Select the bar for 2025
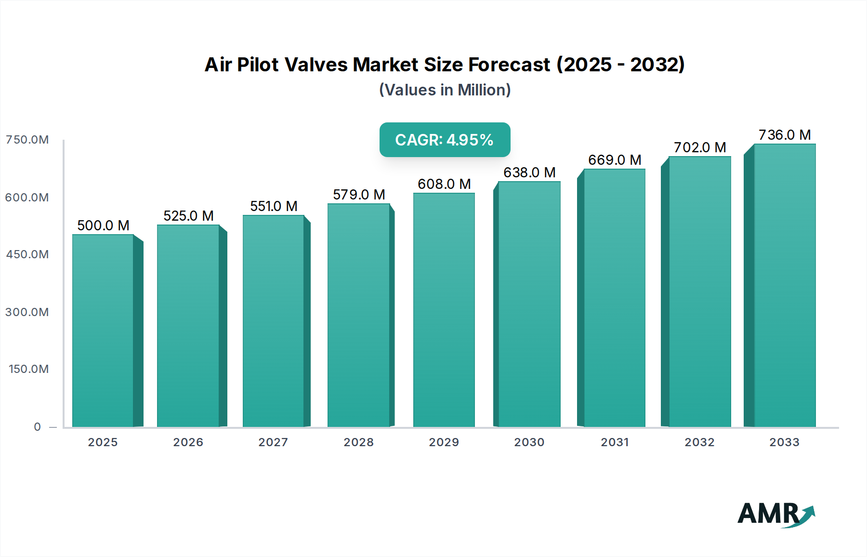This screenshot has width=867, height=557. coord(103,331)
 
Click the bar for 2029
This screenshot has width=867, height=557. coord(444,310)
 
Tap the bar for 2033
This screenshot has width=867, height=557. coord(784,285)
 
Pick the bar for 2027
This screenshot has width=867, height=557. coord(274,321)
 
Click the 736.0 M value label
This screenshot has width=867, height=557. coord(785,135)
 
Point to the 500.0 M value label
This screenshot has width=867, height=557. coord(103,225)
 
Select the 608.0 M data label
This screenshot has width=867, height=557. coord(444,184)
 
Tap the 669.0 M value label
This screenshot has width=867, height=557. coord(615,160)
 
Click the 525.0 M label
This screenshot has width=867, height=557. coord(188,216)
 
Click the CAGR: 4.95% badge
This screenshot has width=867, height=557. coord(445,140)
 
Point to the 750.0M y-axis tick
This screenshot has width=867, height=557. coord(27,140)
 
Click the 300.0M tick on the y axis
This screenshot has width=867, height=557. coord(27,312)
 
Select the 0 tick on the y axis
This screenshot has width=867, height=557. coord(38,427)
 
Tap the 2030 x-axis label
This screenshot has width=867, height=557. coord(529,442)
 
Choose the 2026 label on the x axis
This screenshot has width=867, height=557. coord(188,442)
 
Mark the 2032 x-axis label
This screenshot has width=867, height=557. coord(699,442)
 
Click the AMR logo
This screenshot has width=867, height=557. coord(775,514)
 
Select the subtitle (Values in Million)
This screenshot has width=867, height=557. coord(445,90)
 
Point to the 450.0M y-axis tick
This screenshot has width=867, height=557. coord(27,254)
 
